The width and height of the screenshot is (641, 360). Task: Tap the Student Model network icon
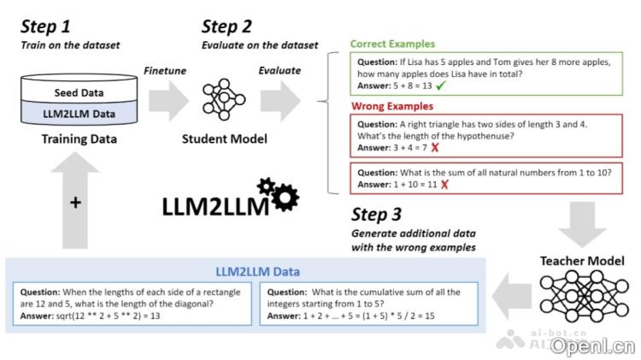223,100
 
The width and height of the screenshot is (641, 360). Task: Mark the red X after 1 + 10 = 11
444,185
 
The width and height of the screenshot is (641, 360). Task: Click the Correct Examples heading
392,44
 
